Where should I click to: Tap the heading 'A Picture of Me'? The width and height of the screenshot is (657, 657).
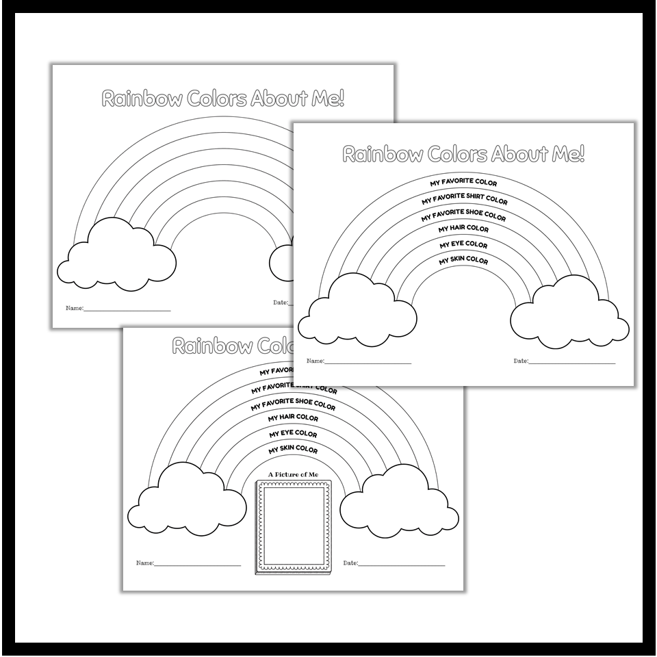293,474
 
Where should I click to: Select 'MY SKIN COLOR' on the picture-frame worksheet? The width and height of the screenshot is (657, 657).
293,450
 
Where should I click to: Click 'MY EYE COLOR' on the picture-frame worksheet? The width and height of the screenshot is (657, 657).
293,434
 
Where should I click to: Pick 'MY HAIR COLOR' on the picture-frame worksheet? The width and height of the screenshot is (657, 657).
293,417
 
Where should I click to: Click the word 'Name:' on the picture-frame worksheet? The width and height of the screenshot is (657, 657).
145,563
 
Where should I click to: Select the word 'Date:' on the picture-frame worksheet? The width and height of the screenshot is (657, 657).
350,563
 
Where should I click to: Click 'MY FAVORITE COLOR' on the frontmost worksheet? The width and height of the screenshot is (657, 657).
463,183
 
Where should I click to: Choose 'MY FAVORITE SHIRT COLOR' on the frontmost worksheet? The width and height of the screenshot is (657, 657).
464,200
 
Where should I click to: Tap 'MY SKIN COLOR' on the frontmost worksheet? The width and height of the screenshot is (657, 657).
463,261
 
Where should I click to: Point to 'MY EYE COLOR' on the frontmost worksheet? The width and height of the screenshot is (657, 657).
463,244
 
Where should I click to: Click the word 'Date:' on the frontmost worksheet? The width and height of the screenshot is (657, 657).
521,361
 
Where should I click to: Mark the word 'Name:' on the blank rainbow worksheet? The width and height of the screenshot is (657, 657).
74,308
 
